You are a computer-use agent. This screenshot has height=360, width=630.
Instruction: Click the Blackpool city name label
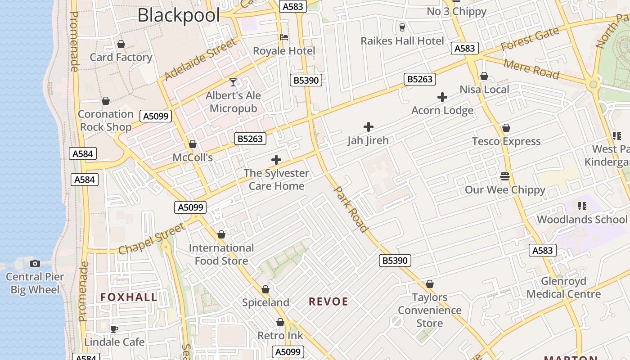pos(179,15)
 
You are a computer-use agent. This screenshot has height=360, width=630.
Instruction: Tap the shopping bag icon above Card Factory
pos(121,44)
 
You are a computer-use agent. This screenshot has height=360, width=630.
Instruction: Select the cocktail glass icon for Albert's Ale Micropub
pos(233,82)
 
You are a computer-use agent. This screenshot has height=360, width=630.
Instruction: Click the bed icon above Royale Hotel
pos(283,37)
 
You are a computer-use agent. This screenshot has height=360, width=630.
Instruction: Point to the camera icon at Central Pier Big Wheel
pos(35,263)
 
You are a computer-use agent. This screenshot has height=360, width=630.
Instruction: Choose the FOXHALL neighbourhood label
pos(129,297)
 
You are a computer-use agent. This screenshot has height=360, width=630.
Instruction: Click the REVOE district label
pos(328,301)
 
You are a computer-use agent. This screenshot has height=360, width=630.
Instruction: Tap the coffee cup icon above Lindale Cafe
pos(114,329)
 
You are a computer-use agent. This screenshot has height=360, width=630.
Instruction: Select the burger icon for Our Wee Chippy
pos(505,176)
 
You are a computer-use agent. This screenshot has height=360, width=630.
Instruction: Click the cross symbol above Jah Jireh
pos(368,127)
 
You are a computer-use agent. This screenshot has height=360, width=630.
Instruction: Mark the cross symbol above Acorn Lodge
pos(442,97)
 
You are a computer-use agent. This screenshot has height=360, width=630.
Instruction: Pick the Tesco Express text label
pos(506,141)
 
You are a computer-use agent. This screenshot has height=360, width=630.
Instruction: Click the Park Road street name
pos(351,209)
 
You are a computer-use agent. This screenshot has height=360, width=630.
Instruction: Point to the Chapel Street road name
pos(152,238)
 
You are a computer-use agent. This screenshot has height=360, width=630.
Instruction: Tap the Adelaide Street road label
pos(200,60)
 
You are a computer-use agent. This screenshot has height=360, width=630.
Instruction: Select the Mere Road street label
pos(531,69)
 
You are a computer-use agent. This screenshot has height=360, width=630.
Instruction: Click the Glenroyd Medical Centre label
pos(563,288)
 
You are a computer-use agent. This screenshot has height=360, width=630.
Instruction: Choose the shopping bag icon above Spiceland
pos(265,289)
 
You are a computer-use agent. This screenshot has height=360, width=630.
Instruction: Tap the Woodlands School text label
pos(582,220)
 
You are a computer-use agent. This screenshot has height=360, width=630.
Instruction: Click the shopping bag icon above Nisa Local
pos(484,76)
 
